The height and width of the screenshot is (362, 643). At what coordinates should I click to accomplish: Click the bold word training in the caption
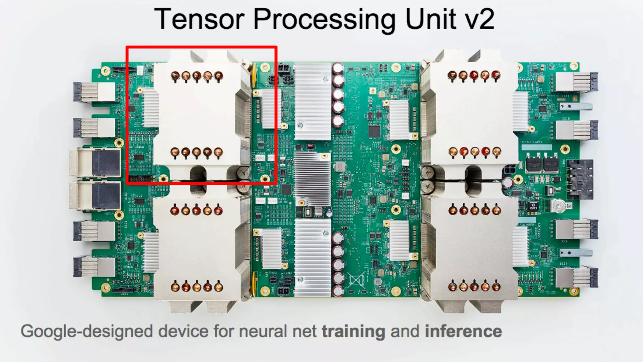(x=354, y=332)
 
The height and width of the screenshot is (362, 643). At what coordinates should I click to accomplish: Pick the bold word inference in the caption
(x=463, y=331)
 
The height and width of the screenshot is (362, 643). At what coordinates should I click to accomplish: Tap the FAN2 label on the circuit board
(x=273, y=273)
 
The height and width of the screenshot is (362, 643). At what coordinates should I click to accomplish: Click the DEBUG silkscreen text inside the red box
(x=139, y=147)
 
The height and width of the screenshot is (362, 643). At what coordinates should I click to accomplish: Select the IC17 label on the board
(x=564, y=264)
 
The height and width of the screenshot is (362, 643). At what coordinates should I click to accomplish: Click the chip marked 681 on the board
(x=533, y=206)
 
